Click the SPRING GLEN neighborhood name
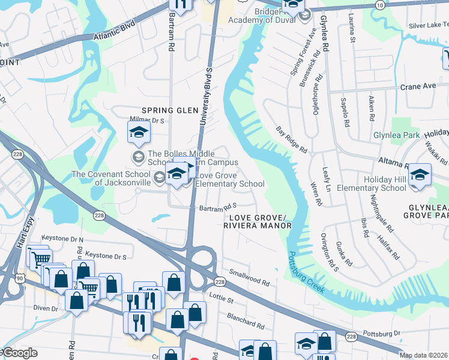click(169, 110)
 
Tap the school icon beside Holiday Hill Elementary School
click(419, 175)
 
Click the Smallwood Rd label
click(249, 277)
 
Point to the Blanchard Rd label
click(245, 320)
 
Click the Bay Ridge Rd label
click(292, 139)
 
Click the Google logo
click(19, 353)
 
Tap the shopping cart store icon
click(40, 259)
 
